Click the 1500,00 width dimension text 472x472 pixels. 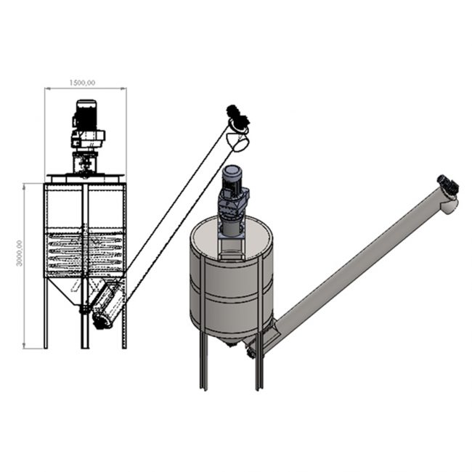(x=82, y=83)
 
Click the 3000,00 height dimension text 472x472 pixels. (x=20, y=253)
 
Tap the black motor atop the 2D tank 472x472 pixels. (x=86, y=115)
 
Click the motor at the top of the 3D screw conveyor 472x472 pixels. (x=448, y=184)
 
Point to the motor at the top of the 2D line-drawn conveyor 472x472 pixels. (x=237, y=119)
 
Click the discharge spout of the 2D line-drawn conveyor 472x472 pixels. (x=238, y=142)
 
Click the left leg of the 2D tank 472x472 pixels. (x=46, y=313)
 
